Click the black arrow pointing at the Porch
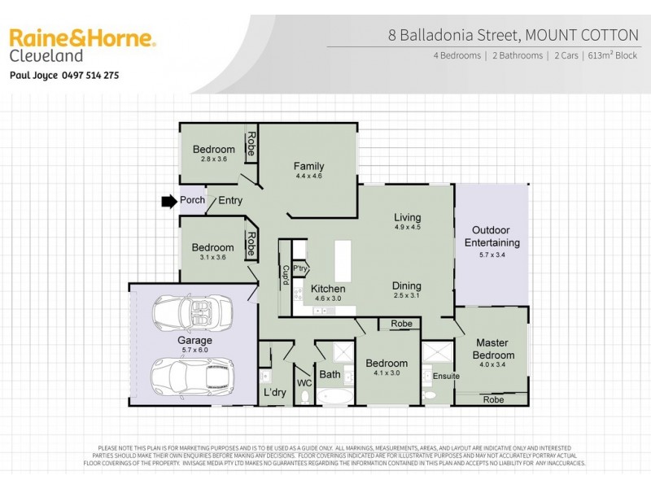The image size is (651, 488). coord(168,201)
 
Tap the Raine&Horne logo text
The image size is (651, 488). coord(81,38)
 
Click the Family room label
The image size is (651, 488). coord(308,166)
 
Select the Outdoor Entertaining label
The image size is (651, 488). coord(492,237)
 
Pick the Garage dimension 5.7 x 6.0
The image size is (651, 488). coord(194,351)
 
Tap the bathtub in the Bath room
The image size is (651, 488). coord(334,397)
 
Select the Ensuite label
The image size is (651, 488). coord(446,376)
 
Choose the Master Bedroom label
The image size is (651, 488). coord(492,349)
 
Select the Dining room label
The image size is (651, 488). coord(406,285)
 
